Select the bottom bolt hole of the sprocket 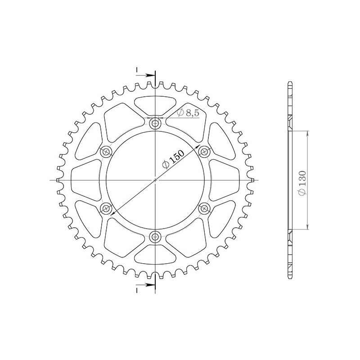click(x=155, y=237)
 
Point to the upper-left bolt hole click(x=106, y=151)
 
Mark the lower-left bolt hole click(x=106, y=208)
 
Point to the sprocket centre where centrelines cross click(x=155, y=180)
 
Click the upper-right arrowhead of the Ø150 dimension click(x=198, y=146)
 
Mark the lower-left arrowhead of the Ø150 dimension click(x=112, y=213)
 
